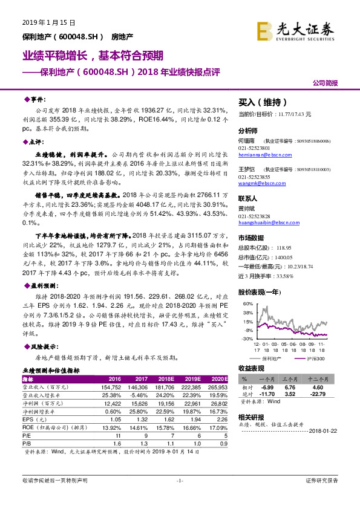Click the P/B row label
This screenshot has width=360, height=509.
pos(27,442)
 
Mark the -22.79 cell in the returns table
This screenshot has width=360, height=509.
pos(319,394)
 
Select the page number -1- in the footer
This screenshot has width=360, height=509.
pos(179,480)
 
